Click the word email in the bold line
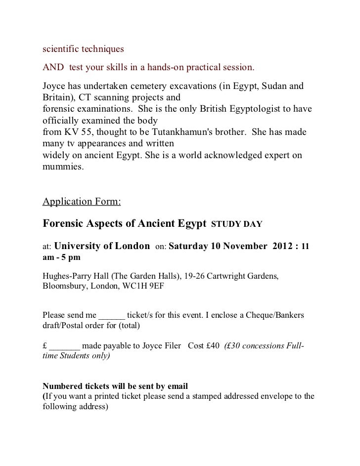coord(178,385)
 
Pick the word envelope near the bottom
coord(282,396)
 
